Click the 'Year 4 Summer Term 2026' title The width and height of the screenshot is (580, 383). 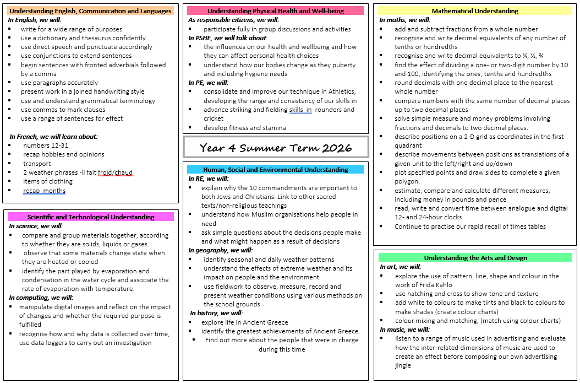click(x=276, y=148)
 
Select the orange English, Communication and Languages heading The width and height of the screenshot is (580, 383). click(x=91, y=11)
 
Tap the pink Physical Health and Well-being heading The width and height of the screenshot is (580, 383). click(x=275, y=10)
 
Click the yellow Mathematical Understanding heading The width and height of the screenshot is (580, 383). click(x=475, y=11)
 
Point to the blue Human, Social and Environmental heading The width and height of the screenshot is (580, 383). click(x=275, y=170)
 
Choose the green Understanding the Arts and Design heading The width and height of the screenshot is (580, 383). click(x=475, y=258)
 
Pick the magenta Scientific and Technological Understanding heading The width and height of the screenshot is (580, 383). click(x=91, y=217)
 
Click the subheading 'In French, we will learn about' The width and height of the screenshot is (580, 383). click(x=53, y=137)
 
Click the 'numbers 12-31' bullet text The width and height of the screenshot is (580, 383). click(x=46, y=145)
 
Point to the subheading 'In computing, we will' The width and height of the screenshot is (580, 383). click(x=41, y=298)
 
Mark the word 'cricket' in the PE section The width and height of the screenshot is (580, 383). click(x=214, y=118)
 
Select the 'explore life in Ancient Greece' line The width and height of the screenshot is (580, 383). click(x=244, y=322)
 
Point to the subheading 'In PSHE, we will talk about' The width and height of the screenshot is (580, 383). click(x=228, y=38)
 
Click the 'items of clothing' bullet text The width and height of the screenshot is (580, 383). click(x=48, y=181)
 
